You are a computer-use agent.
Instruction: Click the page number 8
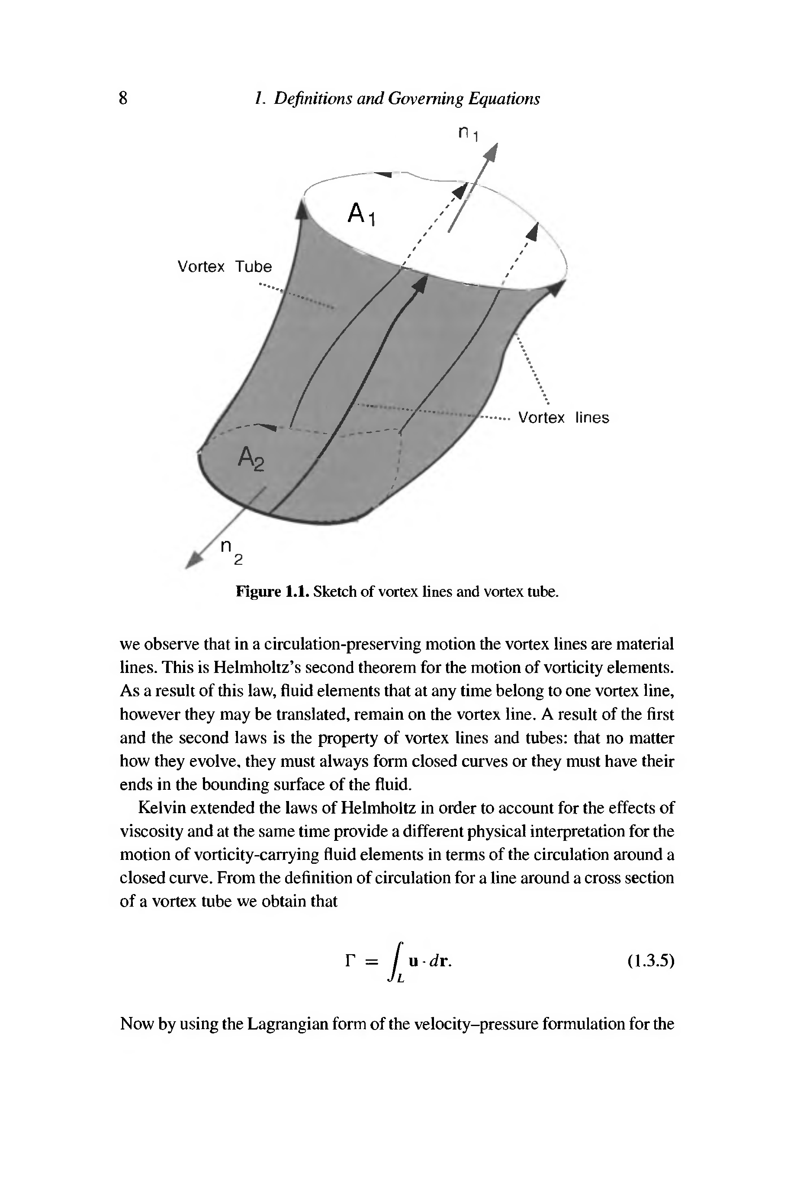123,98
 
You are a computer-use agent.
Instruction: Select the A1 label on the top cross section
361,213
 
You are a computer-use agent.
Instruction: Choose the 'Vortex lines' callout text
563,418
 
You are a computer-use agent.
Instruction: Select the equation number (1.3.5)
651,961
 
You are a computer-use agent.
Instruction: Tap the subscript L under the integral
401,979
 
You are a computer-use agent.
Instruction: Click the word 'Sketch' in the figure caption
334,592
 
